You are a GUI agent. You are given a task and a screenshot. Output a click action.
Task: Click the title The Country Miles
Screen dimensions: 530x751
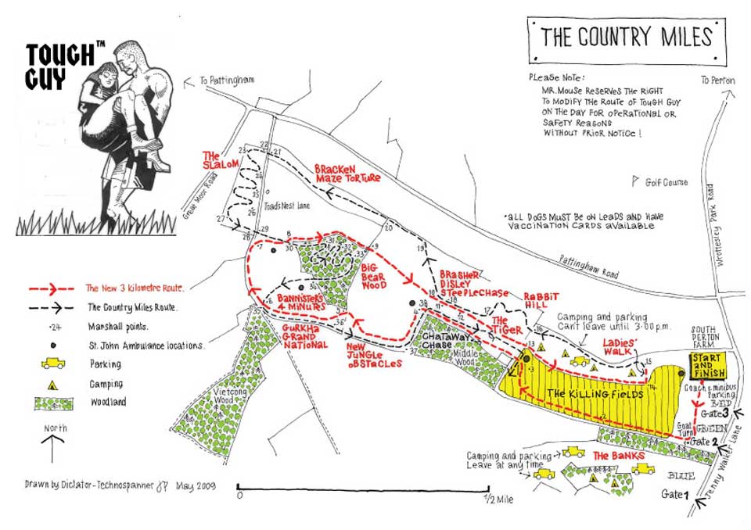click(x=626, y=37)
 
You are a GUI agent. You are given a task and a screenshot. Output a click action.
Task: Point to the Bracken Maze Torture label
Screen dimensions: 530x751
click(x=347, y=174)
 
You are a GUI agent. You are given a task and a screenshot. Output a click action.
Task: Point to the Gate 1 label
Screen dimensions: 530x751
click(x=675, y=494)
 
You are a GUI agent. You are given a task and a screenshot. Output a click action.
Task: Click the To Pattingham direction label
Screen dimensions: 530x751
click(x=227, y=80)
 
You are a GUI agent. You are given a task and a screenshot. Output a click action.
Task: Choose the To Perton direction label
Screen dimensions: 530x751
click(x=718, y=80)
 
